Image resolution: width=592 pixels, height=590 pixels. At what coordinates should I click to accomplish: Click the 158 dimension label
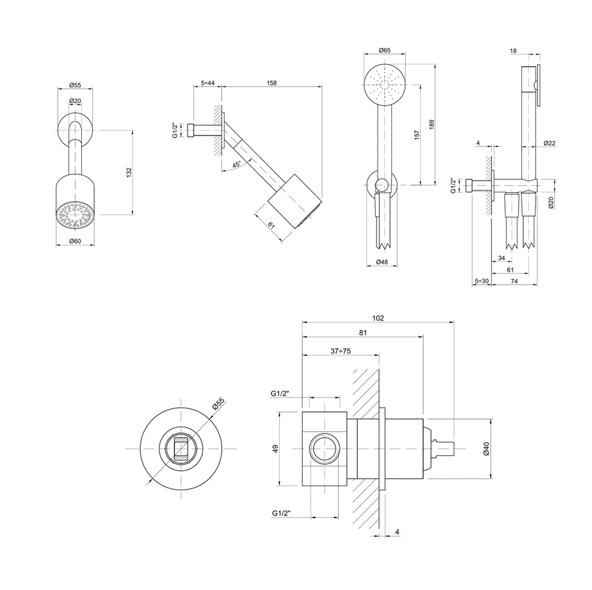click(x=272, y=83)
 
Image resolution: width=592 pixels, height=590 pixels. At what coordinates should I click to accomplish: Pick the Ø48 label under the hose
click(x=384, y=263)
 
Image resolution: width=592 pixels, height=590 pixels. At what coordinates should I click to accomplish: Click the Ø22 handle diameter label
click(x=549, y=143)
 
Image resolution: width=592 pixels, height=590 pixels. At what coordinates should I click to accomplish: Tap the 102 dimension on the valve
click(x=378, y=318)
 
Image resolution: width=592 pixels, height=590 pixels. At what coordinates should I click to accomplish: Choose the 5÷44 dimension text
click(x=208, y=83)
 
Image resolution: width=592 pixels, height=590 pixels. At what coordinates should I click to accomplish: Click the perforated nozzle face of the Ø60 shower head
click(x=75, y=217)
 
